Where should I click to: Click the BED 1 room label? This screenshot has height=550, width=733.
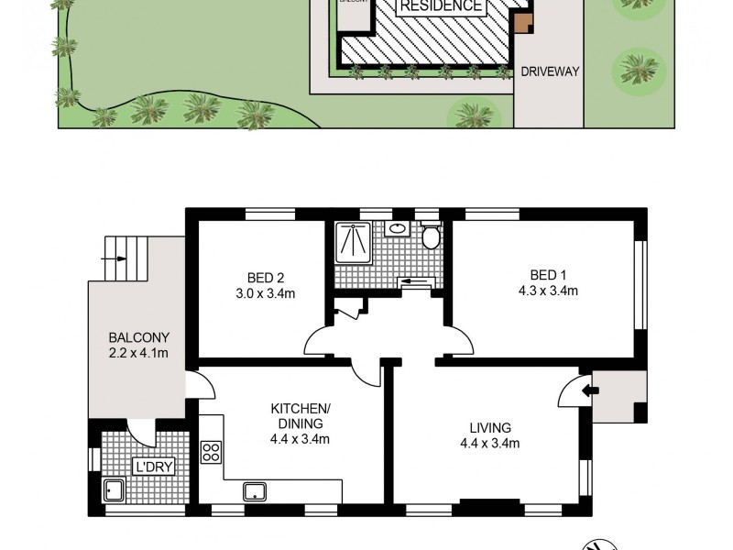[x=548, y=275]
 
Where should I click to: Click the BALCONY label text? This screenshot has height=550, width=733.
[x=138, y=336]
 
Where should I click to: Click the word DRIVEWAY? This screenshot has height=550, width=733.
[x=550, y=71]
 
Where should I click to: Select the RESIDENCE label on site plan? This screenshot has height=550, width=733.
[x=441, y=6]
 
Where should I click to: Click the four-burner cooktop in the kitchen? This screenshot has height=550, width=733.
[x=212, y=452]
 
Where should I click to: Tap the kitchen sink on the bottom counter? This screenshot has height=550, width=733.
[x=254, y=491]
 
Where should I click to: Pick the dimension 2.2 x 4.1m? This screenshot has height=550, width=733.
[x=138, y=353]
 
